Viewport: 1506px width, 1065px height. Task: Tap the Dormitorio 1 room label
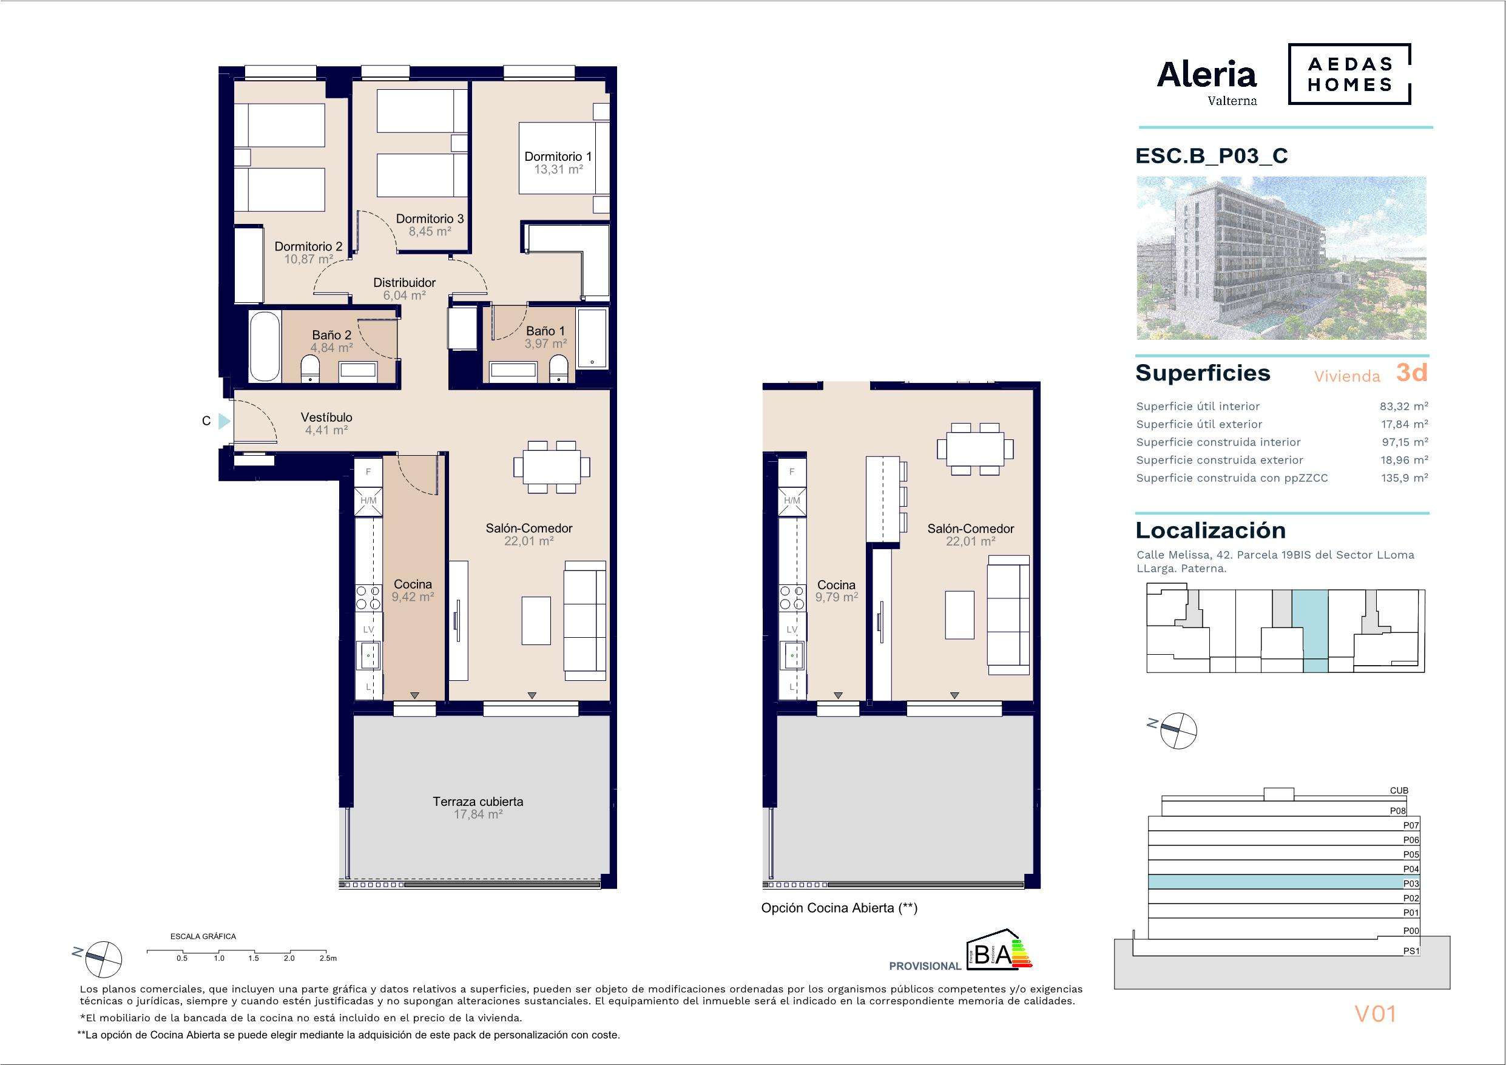tap(558, 156)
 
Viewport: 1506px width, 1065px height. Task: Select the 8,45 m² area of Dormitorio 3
tap(430, 232)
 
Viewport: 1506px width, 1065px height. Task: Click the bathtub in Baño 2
tap(265, 346)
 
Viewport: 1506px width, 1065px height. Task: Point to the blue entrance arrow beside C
tap(225, 421)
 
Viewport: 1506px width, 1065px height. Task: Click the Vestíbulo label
tap(326, 418)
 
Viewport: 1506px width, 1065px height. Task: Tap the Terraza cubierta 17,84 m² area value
tap(478, 814)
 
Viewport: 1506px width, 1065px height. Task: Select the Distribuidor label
tap(405, 283)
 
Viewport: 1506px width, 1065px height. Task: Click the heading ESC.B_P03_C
tap(1212, 156)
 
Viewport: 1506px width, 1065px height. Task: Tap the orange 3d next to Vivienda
tap(1411, 373)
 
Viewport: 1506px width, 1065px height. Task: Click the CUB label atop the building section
tap(1399, 791)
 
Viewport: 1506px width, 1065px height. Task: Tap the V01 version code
tap(1375, 1014)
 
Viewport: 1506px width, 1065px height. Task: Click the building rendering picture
tap(1281, 258)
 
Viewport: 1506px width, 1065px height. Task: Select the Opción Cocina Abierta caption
tap(839, 908)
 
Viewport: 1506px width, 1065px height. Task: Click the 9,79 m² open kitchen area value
tap(836, 597)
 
